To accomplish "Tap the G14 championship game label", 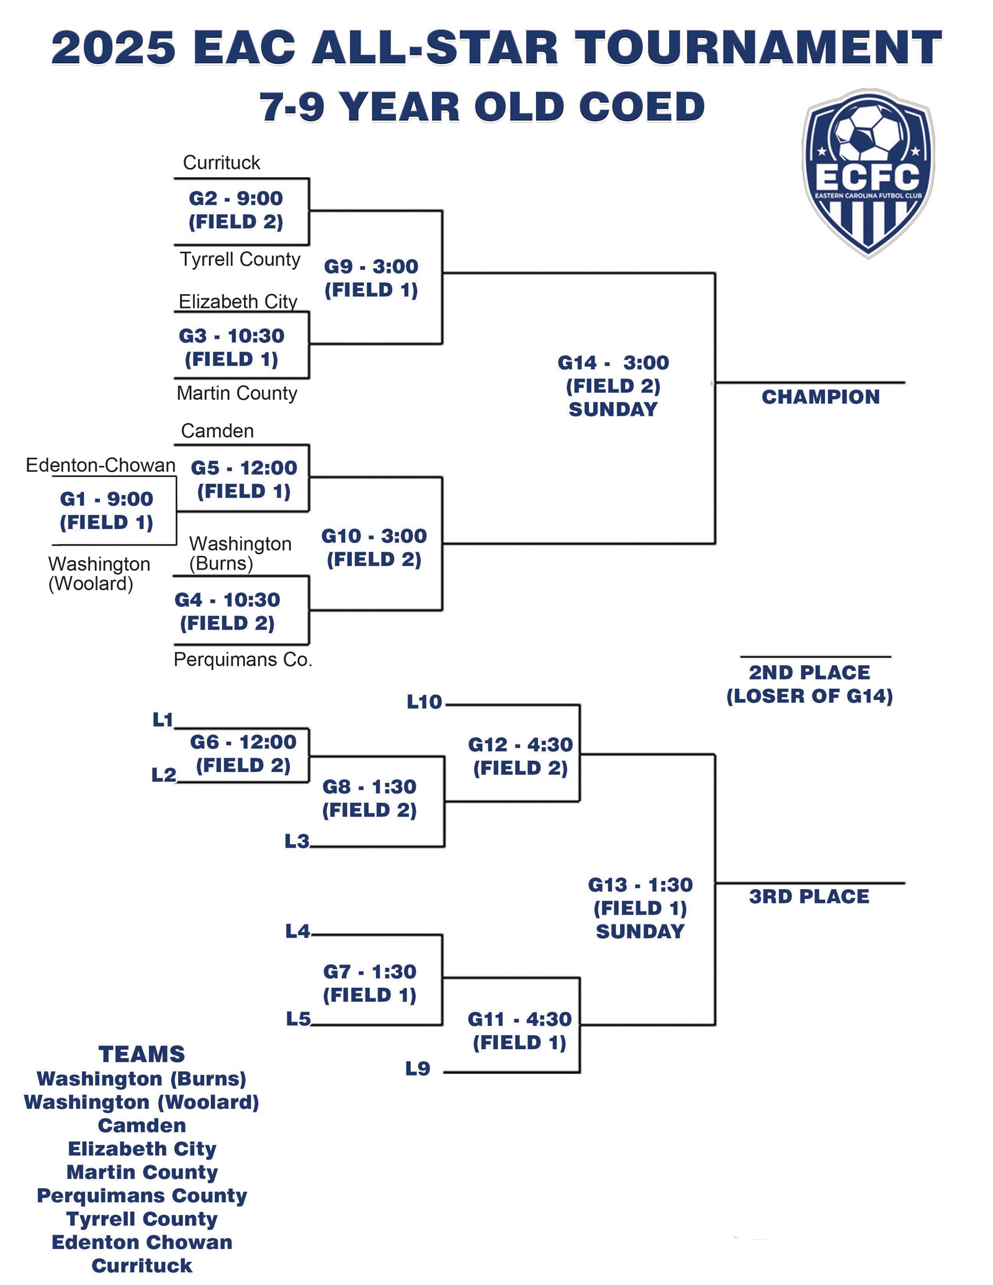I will click(613, 385).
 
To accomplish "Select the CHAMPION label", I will click(820, 397).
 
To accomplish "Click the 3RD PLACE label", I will click(809, 897).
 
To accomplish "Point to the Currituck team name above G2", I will click(222, 163).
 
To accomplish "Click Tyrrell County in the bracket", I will click(240, 259).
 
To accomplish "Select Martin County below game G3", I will click(236, 393).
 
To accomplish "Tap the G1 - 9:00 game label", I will click(106, 510).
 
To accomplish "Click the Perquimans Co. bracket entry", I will click(243, 660).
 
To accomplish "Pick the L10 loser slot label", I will click(425, 702).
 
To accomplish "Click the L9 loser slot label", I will click(418, 1068).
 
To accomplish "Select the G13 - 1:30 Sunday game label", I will click(640, 908).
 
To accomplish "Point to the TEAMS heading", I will click(142, 1054).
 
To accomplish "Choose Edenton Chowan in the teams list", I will click(142, 1242).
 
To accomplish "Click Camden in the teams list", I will click(142, 1126).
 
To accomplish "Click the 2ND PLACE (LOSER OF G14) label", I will click(809, 684).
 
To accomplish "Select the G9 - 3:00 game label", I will click(371, 278).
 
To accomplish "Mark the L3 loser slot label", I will click(297, 841).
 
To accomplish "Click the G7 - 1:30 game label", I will click(369, 983).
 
